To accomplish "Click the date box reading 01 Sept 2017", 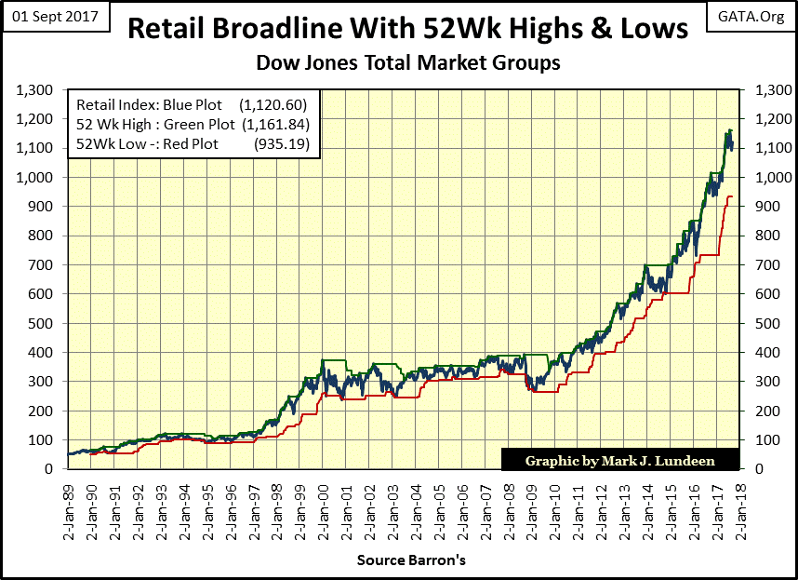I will (x=57, y=17).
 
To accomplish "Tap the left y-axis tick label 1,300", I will (x=35, y=89).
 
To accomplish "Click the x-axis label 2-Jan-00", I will (x=323, y=507).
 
